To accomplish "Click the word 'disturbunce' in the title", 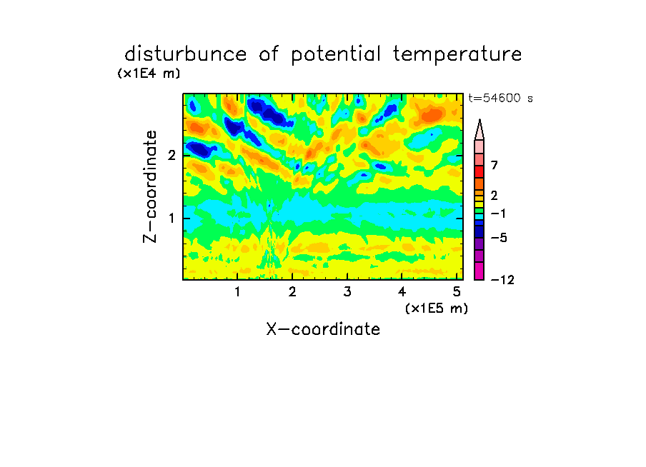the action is [185, 54].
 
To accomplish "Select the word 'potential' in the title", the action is [335, 55].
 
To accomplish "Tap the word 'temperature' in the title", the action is [457, 55].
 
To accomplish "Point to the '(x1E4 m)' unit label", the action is [149, 74].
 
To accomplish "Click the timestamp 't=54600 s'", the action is [500, 98].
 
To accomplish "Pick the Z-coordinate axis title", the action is [149, 186].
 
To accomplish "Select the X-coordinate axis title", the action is [323, 329].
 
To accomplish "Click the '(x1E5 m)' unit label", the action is [437, 308].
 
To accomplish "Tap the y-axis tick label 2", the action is [172, 156].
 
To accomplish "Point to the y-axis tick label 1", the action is [172, 218].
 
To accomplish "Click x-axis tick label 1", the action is [238, 291].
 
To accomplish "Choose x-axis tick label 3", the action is [347, 291].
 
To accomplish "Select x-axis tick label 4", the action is [402, 291].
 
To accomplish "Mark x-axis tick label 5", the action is [457, 291].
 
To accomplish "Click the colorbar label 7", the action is [495, 165].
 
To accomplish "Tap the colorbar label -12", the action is [502, 280].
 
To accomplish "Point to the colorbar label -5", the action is [499, 238].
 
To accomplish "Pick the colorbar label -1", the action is [498, 214].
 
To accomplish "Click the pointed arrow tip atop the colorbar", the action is [479, 119].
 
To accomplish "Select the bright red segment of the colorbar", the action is [479, 171].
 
